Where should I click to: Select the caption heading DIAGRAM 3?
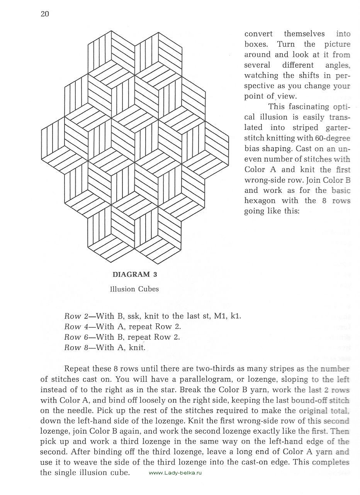[134, 275]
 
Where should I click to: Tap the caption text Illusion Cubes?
[134, 289]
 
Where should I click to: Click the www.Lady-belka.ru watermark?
[175, 473]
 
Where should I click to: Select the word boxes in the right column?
[258, 44]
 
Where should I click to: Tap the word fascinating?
[302, 107]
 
